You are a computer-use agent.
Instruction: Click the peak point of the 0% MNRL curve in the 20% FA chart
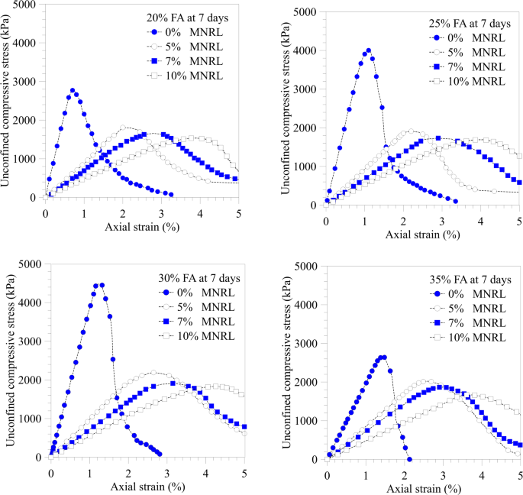coord(73,90)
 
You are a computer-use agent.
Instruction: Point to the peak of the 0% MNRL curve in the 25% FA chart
coord(369,50)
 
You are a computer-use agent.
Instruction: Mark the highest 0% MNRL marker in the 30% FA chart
coord(102,285)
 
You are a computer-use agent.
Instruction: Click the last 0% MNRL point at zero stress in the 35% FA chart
coord(410,459)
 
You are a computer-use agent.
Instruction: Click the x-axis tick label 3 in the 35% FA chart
coord(443,472)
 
